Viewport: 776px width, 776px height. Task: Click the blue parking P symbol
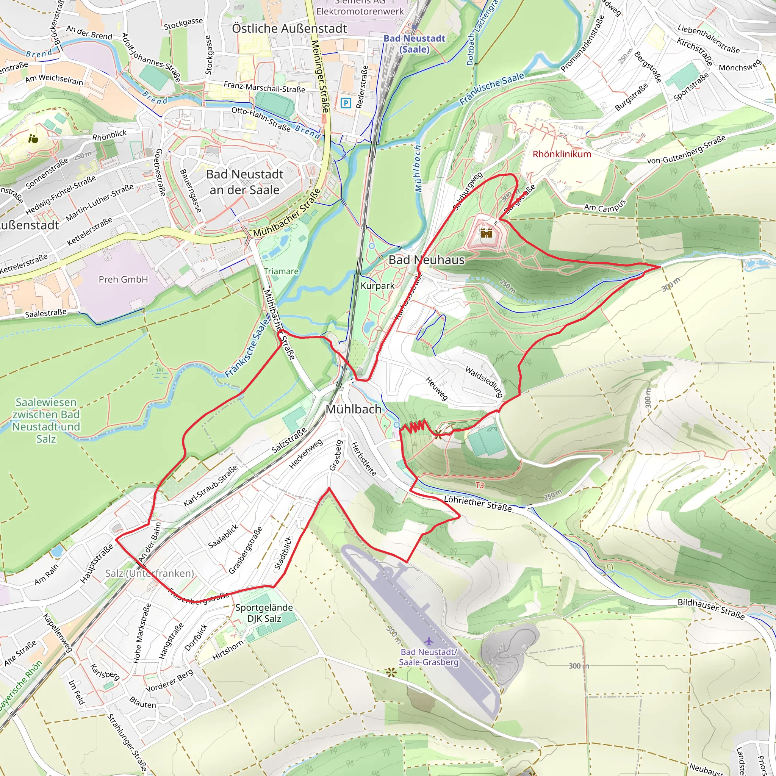pos(346,103)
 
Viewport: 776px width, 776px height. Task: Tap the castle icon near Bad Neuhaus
pos(487,233)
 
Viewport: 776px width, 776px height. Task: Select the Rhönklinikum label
pos(562,154)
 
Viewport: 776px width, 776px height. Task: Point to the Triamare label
pos(281,271)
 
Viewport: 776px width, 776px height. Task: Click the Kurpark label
pos(377,286)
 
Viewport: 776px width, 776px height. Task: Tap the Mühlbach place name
pos(354,409)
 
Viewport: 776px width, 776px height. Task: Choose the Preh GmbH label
pos(123,279)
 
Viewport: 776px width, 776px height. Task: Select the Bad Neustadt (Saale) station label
pos(415,44)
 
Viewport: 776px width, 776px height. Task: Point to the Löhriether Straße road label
pos(477,504)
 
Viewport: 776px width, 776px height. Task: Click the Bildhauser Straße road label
pos(711,609)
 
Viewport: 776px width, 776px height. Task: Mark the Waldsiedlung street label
pos(484,382)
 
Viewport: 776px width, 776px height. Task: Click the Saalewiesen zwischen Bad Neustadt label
pos(46,420)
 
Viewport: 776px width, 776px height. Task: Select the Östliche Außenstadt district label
pos(289,28)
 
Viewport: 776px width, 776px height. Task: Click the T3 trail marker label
pos(480,485)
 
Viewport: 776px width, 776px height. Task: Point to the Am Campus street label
pos(604,205)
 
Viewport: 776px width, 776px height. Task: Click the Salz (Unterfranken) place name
pos(149,573)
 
